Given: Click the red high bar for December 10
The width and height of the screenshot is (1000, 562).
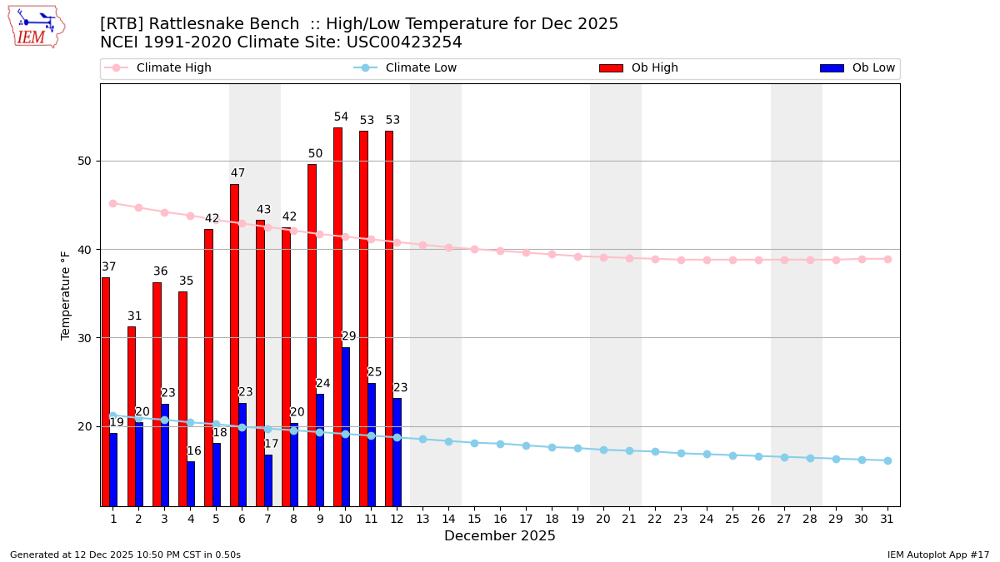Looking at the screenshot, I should pos(337,316).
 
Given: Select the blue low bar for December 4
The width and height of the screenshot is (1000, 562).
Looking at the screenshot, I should pos(191,484).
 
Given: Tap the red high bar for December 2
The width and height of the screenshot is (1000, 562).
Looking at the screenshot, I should pos(131,416).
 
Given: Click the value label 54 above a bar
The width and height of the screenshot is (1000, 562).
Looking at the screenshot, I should pos(341,117).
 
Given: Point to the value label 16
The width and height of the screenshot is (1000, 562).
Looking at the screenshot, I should pos(194,451).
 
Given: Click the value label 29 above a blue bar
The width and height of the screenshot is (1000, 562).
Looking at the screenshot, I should pos(349,336).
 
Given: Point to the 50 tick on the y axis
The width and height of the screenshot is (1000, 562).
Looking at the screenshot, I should pos(84,161).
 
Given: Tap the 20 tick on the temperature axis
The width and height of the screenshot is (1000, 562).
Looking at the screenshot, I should pos(84,426).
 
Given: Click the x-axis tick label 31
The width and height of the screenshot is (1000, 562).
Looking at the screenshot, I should pos(887,519).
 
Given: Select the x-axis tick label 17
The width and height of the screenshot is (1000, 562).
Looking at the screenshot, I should pos(526,519).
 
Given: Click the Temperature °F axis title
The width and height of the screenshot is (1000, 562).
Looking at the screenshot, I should pos(66,295).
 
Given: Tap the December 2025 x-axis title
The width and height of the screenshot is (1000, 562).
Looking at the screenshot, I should pos(500,536).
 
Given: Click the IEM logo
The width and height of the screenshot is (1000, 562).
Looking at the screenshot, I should pos(37,27).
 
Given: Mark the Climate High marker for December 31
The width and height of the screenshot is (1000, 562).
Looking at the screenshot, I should pos(887,259).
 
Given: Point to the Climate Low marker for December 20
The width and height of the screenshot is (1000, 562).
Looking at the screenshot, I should pos(603,450).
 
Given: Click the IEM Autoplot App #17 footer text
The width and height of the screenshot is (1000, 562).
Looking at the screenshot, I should pos(937,555).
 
